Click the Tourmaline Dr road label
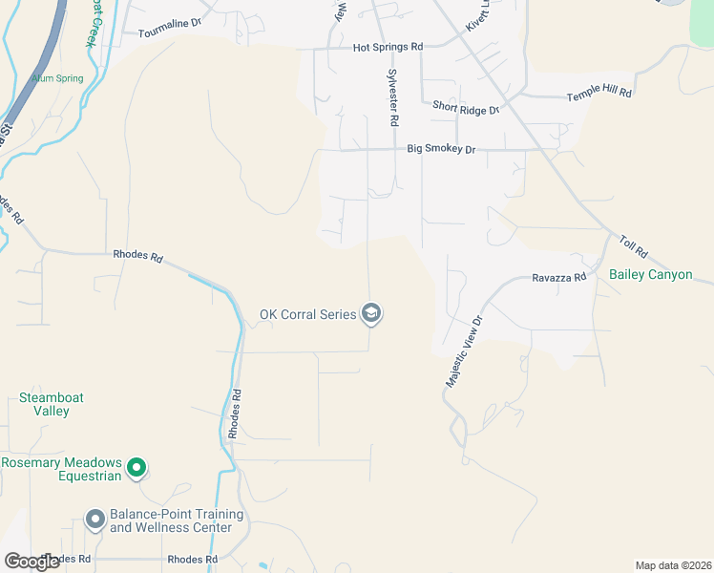point(170,32)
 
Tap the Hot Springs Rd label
point(388,47)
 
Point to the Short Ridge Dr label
point(466,109)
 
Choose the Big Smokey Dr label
point(441,149)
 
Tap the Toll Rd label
point(633,248)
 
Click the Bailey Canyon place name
point(651,274)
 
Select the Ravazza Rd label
point(558,279)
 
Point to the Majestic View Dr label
point(465,350)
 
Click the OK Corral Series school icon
point(370,313)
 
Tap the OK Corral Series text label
point(307,314)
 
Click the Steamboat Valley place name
point(44,404)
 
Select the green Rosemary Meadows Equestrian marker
point(136,468)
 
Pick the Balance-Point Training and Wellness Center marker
point(94,520)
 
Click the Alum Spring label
point(57,78)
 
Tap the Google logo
point(31,561)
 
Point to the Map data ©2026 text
point(672,565)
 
